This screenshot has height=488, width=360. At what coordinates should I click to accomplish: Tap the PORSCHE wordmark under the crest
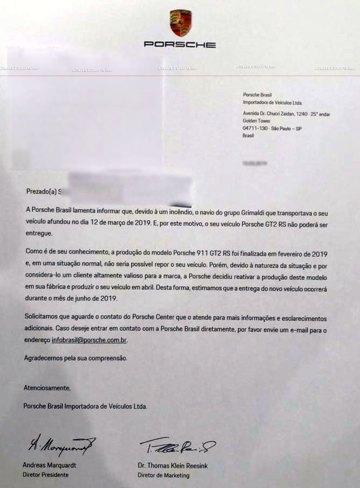180,45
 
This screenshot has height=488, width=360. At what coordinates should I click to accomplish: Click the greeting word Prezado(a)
40,190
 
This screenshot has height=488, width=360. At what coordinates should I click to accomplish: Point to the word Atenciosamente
47,387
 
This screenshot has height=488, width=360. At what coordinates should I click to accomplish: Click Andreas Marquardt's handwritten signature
60,443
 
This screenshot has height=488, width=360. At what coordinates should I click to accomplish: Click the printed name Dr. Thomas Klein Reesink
172,465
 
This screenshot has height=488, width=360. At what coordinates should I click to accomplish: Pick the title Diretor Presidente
46,475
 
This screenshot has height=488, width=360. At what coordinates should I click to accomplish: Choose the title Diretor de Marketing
164,475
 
